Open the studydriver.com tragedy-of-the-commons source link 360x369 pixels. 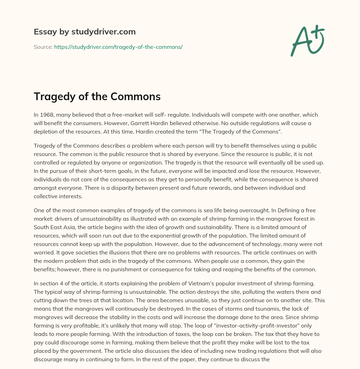pos(118,47)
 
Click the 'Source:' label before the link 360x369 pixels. pos(43,47)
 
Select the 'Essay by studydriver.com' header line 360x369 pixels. pos(84,32)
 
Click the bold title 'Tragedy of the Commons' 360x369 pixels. pos(97,96)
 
